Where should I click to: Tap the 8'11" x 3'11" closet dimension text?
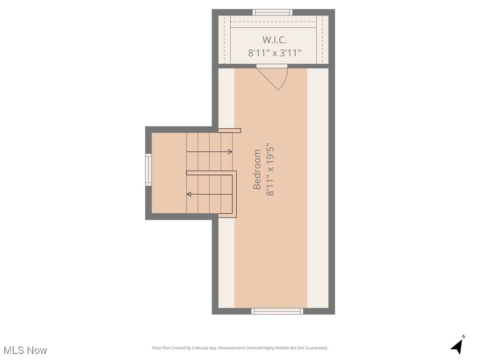[274, 53]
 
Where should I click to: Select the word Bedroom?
[257, 169]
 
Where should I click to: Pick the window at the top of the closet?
[272, 12]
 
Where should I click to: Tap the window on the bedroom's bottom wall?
[277, 311]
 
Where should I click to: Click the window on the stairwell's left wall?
[148, 170]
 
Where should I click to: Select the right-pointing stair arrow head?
[230, 151]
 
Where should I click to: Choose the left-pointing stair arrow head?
[189, 194]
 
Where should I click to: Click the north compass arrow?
[457, 347]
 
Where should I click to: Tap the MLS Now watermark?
[25, 350]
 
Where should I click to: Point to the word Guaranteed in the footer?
[316, 348]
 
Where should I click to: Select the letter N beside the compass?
[464, 337]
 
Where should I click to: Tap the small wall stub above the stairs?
[230, 130]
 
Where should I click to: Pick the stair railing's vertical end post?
[234, 194]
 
